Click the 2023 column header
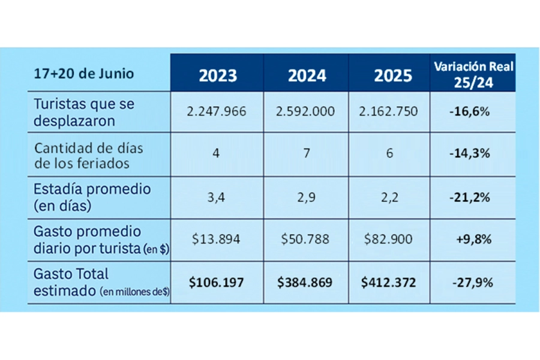[x=218, y=76]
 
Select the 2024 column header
[x=307, y=76]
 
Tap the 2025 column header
[x=393, y=76]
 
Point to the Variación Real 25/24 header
[x=473, y=73]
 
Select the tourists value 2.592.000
[x=307, y=112]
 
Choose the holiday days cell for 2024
[x=307, y=154]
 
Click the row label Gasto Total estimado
[x=84, y=282]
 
